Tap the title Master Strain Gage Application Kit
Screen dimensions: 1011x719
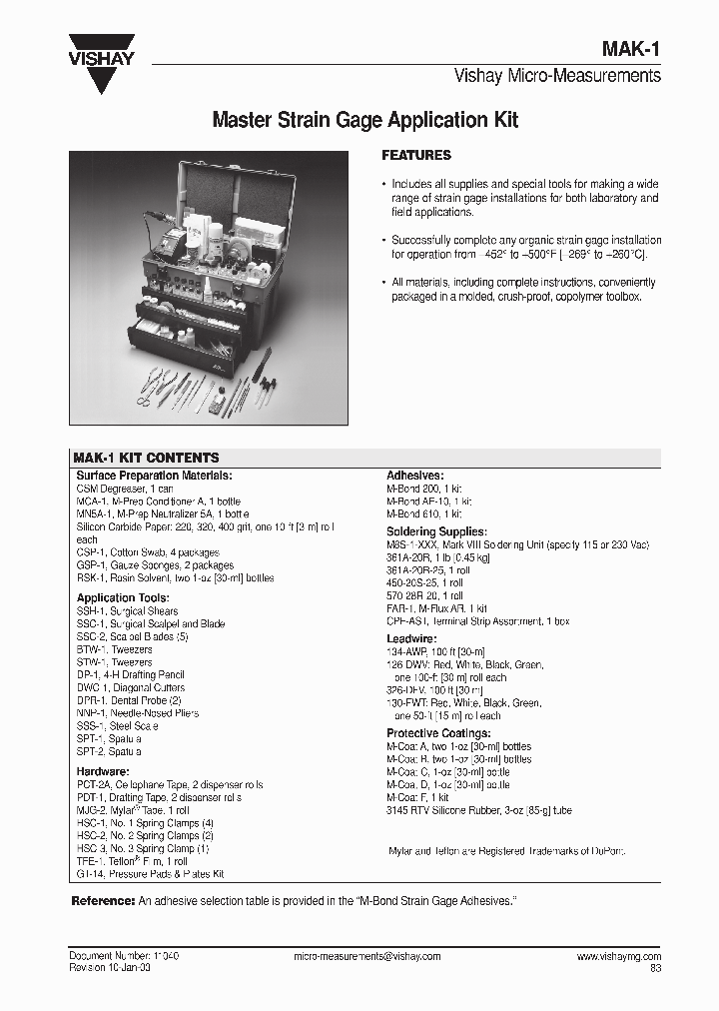[365, 121]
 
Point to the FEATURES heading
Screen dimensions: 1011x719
[416, 156]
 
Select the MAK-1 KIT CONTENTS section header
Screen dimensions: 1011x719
[147, 458]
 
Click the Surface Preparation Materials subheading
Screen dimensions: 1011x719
[154, 476]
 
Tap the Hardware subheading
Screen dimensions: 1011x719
[103, 771]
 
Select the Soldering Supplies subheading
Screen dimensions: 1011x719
[436, 531]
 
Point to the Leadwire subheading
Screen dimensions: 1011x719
[412, 639]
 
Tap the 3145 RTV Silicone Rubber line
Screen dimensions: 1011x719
[479, 810]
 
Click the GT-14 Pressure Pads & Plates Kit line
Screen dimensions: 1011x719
[150, 873]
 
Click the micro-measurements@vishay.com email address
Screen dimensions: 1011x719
[367, 956]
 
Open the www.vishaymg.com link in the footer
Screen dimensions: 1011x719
[618, 956]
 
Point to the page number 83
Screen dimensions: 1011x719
[655, 968]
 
